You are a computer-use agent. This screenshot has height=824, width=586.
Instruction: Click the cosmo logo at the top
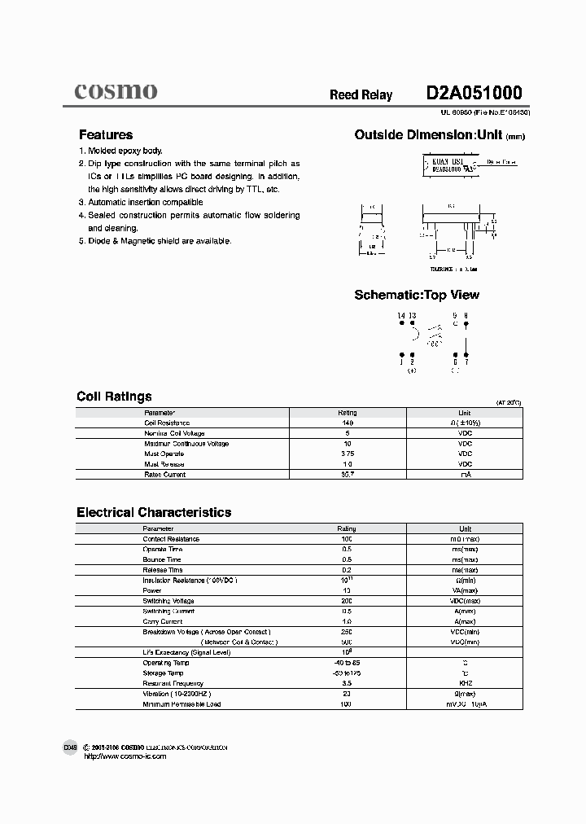(116, 91)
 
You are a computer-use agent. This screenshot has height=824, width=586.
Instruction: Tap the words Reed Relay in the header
(361, 95)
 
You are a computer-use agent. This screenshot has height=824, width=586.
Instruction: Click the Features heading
(105, 135)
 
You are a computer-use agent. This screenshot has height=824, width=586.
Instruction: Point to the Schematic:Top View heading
(417, 295)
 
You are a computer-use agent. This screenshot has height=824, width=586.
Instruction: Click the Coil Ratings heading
(114, 397)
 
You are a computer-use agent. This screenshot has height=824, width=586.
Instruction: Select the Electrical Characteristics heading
(154, 512)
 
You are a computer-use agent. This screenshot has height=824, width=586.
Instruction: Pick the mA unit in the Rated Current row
(465, 475)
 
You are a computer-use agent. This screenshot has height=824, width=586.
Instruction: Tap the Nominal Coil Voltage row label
(174, 434)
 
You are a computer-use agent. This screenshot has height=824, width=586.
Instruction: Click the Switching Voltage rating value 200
(347, 601)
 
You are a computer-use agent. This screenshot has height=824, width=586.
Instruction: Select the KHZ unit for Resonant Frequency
(465, 683)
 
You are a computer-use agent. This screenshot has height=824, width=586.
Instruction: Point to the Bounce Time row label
(162, 559)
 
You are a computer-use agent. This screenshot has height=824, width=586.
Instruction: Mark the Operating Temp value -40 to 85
(347, 663)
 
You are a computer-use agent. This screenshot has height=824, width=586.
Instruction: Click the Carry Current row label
(164, 621)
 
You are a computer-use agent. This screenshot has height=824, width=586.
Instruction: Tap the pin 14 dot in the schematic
(402, 323)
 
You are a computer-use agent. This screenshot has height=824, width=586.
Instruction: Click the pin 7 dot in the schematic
(465, 354)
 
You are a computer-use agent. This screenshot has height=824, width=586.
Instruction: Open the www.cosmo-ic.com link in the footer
(125, 756)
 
